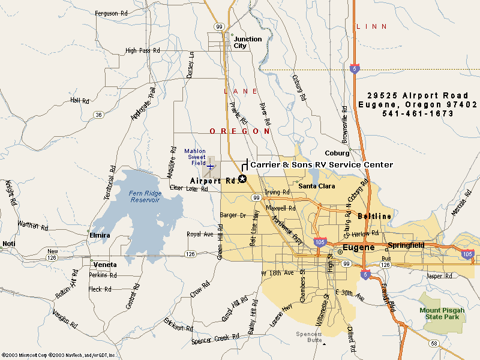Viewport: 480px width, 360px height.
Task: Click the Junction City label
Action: tap(247, 42)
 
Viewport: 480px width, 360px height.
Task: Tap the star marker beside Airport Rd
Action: tap(242, 179)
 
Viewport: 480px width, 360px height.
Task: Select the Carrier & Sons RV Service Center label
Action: tap(322, 164)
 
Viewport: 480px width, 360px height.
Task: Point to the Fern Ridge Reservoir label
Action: tap(144, 197)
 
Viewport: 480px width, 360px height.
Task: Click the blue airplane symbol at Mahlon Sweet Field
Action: tap(211, 166)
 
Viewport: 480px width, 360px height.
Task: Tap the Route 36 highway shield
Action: tap(98, 114)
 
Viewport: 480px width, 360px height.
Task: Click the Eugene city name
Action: tap(358, 247)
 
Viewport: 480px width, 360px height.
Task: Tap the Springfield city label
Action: tap(406, 245)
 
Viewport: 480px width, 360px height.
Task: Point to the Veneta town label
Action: tap(105, 265)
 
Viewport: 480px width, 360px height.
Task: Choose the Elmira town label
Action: tap(100, 235)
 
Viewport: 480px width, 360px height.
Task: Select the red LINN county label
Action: tap(371, 26)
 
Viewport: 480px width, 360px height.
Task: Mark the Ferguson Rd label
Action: tap(111, 13)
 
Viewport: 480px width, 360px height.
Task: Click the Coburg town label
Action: tap(337, 153)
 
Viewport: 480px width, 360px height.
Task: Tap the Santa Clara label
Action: tap(317, 186)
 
